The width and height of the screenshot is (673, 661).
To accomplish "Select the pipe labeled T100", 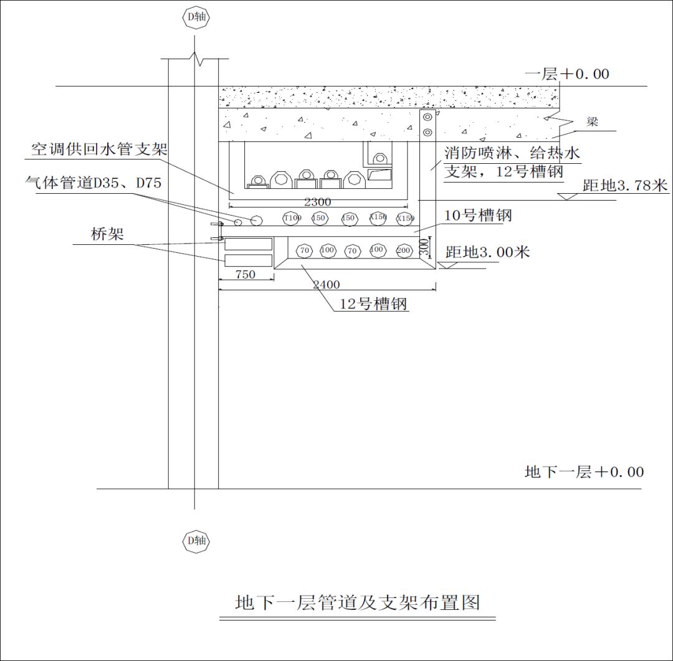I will pos(292,218).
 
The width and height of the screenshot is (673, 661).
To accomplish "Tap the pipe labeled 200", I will pos(404,250).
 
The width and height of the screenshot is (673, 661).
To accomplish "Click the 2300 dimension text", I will pos(317,202).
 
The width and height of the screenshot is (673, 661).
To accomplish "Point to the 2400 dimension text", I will pos(326,285).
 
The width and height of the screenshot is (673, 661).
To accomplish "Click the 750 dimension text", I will pos(245,274).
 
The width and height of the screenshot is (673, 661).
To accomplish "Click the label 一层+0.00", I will pos(566,74).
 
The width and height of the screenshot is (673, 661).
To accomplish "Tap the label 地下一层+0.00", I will pos(584,472).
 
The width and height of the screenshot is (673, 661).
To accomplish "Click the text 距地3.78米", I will pos(625,185).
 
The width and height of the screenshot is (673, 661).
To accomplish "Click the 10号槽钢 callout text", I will pos(478,216).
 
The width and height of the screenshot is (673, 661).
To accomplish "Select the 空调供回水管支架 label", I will pos(100,150).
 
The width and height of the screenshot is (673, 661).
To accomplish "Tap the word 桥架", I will pos(107,234).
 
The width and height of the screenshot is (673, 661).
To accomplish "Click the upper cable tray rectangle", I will pos(248,244).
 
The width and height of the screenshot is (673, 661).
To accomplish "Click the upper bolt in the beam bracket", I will pos(427,117).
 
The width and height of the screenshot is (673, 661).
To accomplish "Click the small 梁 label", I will pos(592,122).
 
